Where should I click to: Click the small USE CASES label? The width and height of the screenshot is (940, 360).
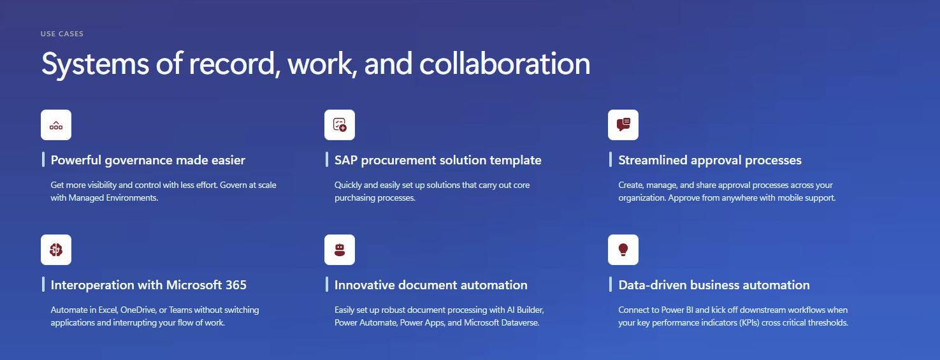coord(62,34)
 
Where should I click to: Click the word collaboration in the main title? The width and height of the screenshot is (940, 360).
coord(504,64)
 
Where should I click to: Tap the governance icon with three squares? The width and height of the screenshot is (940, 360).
coord(56,125)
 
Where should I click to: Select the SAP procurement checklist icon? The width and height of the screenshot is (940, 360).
coord(340,125)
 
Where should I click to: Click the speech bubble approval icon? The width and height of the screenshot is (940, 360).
coord(623,125)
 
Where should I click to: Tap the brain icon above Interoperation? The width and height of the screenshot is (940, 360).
coord(56,250)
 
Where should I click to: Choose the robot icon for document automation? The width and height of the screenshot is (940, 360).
coord(340,250)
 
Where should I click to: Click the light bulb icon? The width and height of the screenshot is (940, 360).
coord(623,250)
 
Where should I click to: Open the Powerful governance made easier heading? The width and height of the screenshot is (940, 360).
coord(148,160)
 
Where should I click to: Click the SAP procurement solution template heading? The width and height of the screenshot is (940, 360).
coord(438,160)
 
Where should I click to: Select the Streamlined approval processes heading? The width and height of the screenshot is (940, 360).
coord(710,160)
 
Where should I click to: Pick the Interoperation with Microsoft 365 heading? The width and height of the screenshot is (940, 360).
coord(148,285)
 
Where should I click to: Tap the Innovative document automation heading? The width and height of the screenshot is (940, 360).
coord(431,285)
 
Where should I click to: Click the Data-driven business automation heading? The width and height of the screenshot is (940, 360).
coord(714,285)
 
